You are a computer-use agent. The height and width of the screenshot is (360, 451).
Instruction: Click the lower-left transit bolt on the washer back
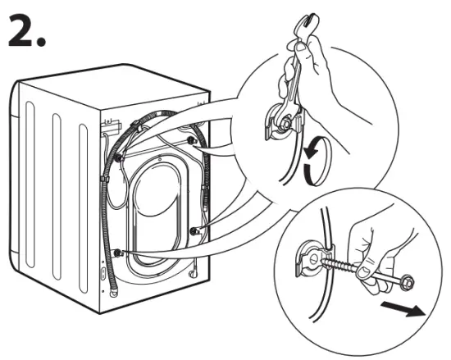pyautogui.click(x=119, y=252)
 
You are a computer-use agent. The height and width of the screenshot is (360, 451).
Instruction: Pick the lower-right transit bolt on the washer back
pyautogui.click(x=194, y=232)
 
